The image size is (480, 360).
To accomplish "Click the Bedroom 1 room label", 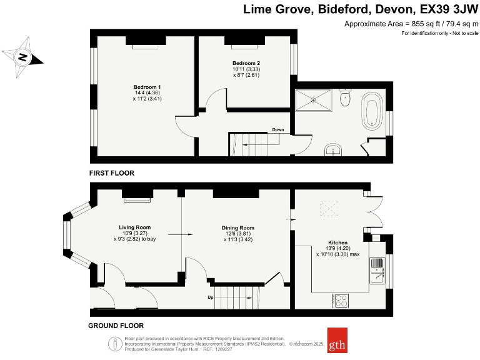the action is click(x=147, y=86).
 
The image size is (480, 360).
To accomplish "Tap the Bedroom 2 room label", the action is click(x=246, y=63).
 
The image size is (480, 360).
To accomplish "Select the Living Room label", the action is click(x=135, y=227).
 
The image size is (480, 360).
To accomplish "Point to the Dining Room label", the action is click(x=238, y=228).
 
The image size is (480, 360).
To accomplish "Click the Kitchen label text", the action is click(x=337, y=242).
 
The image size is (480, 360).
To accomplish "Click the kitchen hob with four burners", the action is click(x=342, y=301).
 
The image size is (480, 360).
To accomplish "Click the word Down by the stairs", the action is click(x=278, y=130).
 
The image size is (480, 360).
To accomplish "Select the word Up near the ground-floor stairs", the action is click(x=210, y=297).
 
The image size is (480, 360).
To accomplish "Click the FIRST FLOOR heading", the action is click(x=112, y=173).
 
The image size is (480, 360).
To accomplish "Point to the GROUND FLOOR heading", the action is click(x=116, y=326).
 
